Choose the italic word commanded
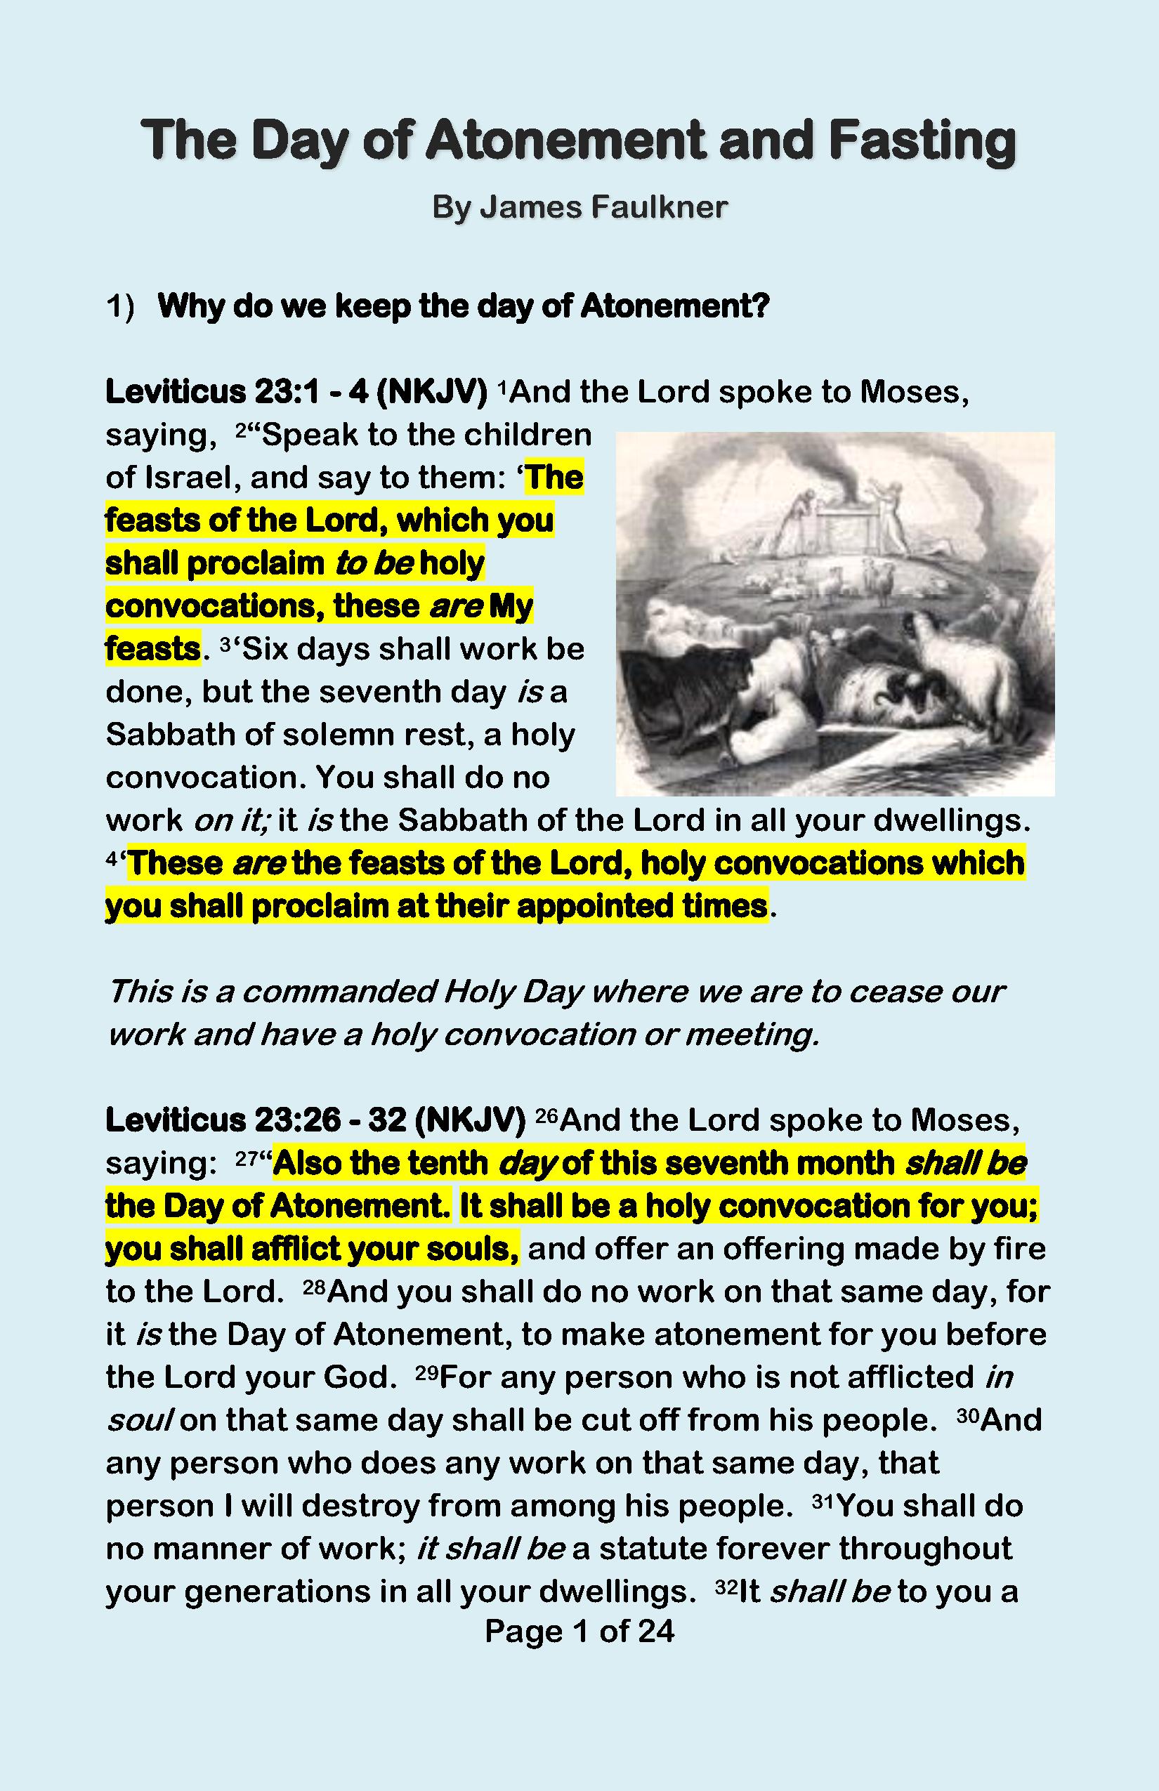(x=339, y=992)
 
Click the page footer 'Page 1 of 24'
(x=579, y=1631)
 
